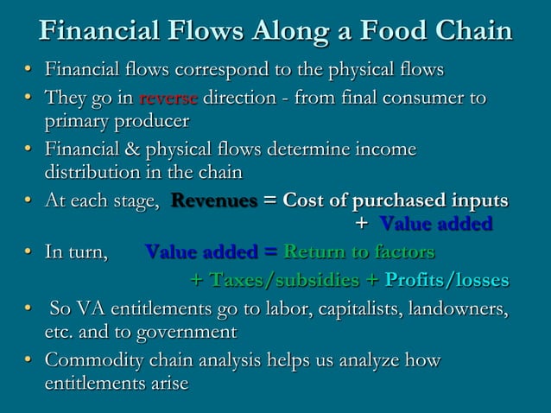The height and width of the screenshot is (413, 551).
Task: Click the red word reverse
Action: tap(168, 98)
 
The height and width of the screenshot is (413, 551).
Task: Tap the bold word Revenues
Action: tap(214, 201)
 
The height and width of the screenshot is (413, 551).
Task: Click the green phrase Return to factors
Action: tap(359, 252)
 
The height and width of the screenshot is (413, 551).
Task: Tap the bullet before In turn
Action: tap(29, 252)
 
